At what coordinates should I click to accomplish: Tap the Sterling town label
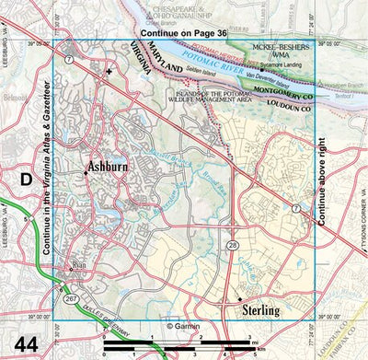(x=259, y=311)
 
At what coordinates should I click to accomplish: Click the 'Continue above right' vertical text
(x=322, y=180)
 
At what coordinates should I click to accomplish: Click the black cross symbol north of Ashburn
(x=109, y=71)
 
